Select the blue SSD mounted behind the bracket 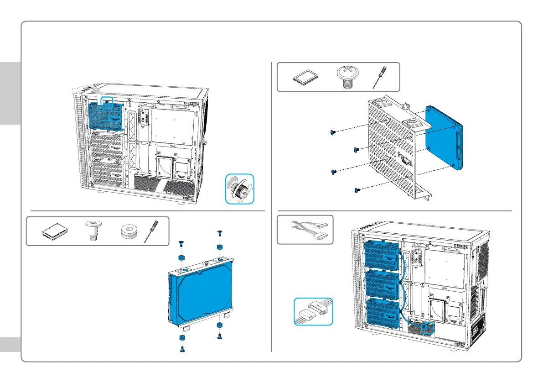[444, 136]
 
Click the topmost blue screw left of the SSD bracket [332, 132]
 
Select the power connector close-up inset [313, 311]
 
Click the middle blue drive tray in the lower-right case [382, 283]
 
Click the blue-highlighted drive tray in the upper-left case [106, 116]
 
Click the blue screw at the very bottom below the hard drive [182, 349]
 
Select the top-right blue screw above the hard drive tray [219, 233]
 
